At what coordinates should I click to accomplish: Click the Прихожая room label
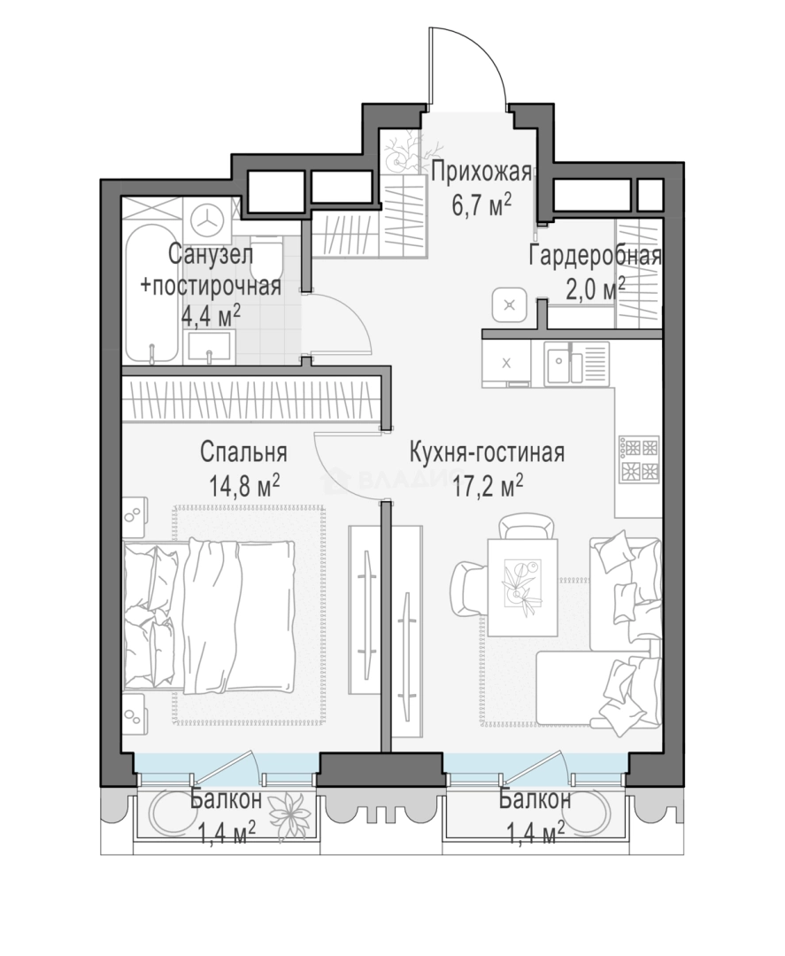481,173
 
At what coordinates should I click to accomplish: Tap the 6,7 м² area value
481,205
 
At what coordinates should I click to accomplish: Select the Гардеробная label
595,256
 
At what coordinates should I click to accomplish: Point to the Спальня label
243,453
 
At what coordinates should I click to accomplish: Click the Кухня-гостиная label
487,453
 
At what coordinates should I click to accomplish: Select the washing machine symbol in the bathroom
208,220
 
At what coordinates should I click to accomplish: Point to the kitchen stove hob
640,458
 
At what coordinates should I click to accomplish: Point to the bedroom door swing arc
342,469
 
